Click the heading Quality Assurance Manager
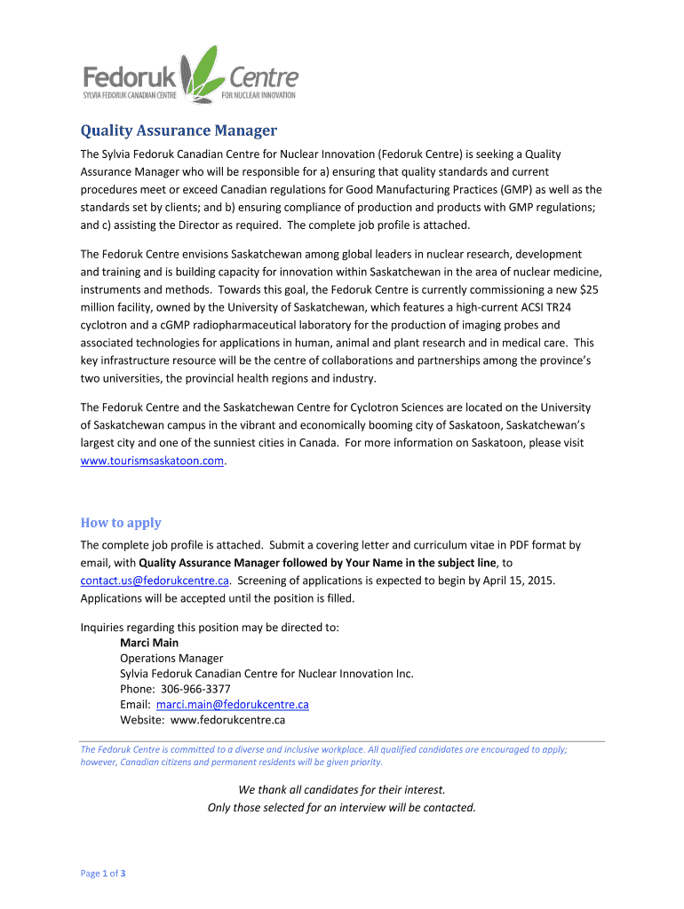pyautogui.click(x=179, y=130)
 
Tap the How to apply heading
pyautogui.click(x=121, y=522)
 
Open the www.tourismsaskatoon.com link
pyautogui.click(x=152, y=461)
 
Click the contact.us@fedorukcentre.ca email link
pyautogui.click(x=155, y=580)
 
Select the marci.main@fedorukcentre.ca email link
pyautogui.click(x=232, y=704)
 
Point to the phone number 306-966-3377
pyautogui.click(x=195, y=689)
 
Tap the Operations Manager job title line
pyautogui.click(x=171, y=658)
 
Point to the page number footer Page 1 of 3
pyautogui.click(x=103, y=873)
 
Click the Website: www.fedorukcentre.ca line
pyautogui.click(x=203, y=720)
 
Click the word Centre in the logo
pyautogui.click(x=264, y=77)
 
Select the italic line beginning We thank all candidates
pyautogui.click(x=342, y=789)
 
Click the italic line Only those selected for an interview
pyautogui.click(x=342, y=807)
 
